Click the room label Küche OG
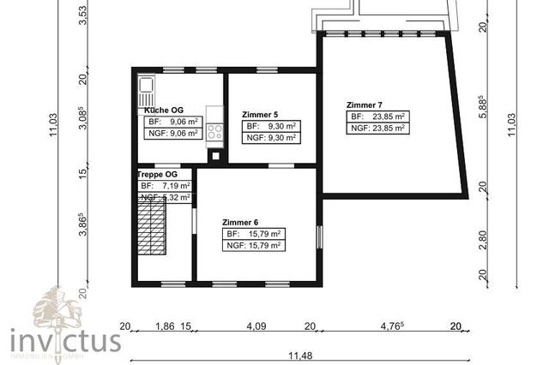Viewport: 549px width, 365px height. (163, 111)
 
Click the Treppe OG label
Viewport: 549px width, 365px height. (157, 175)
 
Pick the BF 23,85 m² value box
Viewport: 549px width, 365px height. (377, 117)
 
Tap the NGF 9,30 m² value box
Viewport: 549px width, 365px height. (270, 137)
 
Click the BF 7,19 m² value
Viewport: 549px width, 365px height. (166, 185)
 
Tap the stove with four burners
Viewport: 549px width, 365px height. (214, 132)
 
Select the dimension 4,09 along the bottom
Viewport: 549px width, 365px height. (256, 326)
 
